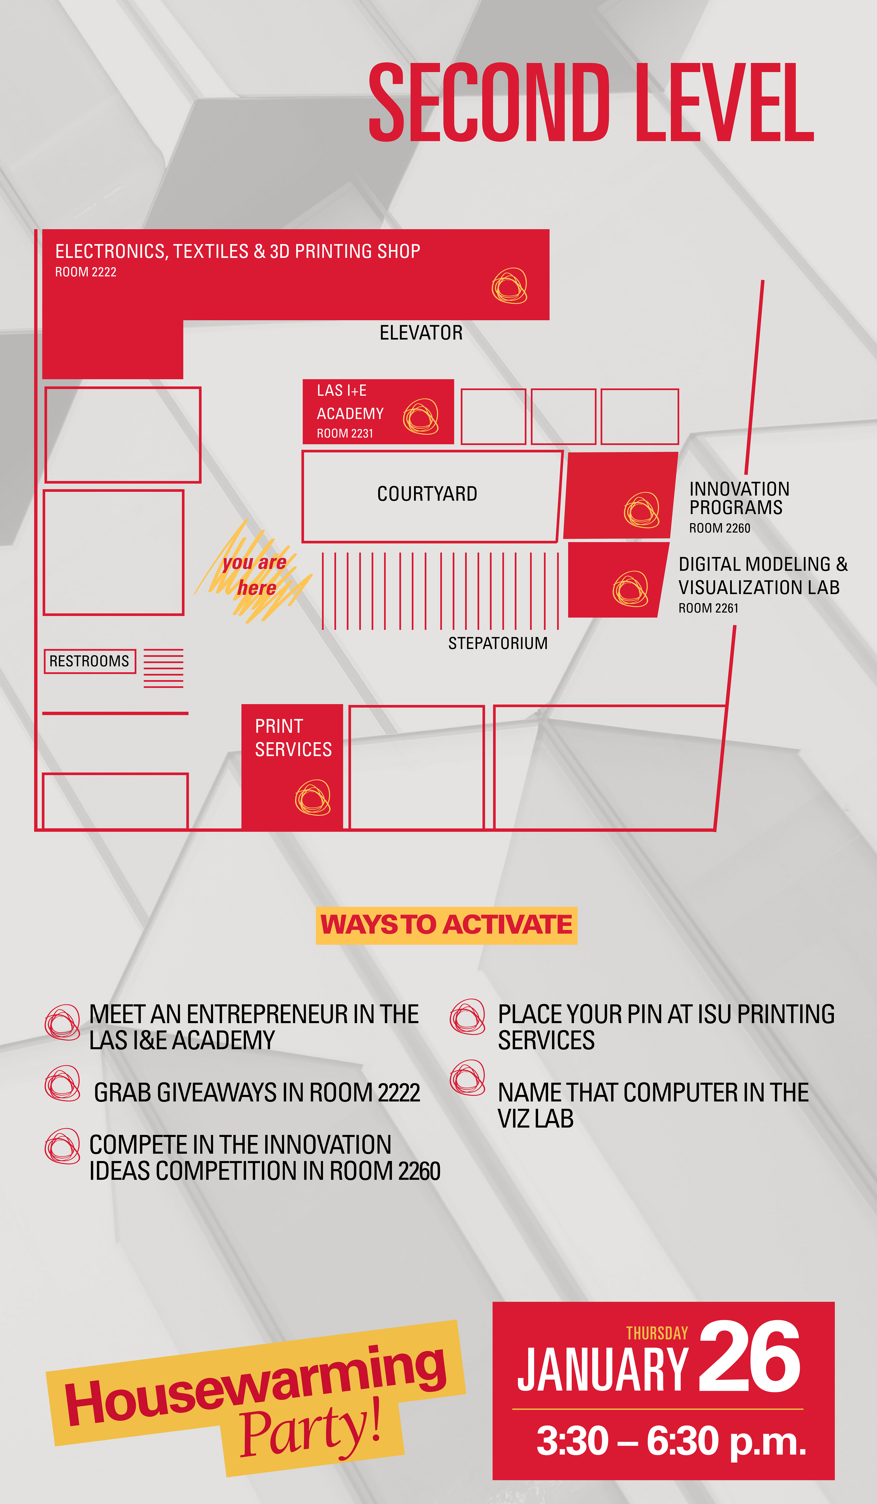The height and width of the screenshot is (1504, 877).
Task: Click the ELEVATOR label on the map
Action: click(x=421, y=332)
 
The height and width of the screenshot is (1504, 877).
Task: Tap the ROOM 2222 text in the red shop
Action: click(x=85, y=272)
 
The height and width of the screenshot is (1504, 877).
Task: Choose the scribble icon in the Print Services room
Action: click(x=313, y=797)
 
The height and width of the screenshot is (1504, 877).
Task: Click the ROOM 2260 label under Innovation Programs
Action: click(x=719, y=528)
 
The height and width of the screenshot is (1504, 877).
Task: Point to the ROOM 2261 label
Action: click(x=708, y=608)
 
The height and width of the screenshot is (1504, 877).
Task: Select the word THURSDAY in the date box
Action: click(x=657, y=1333)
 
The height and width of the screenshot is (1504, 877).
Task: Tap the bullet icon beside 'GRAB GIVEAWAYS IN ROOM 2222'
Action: click(x=62, y=1083)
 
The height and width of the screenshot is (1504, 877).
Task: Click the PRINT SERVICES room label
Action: click(x=293, y=738)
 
